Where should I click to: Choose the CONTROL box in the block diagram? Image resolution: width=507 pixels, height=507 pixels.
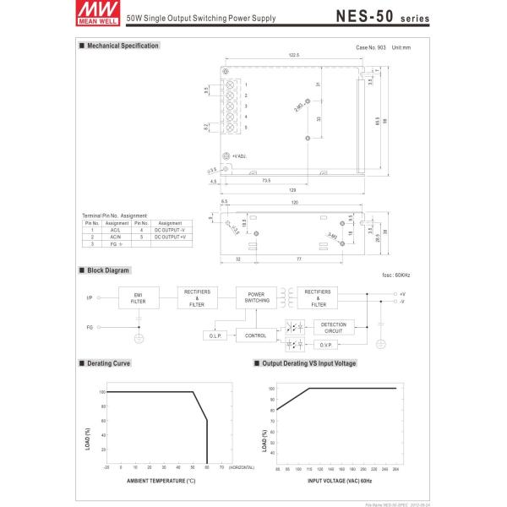click(256, 335)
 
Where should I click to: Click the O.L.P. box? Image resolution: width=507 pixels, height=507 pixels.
click(215, 335)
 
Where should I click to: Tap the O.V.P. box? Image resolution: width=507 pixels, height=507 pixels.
click(329, 345)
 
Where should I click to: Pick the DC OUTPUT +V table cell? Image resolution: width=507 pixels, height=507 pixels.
click(170, 236)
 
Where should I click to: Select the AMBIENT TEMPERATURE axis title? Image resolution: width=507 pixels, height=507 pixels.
click(161, 479)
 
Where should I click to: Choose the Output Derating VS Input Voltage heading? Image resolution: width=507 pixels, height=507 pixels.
click(309, 363)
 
